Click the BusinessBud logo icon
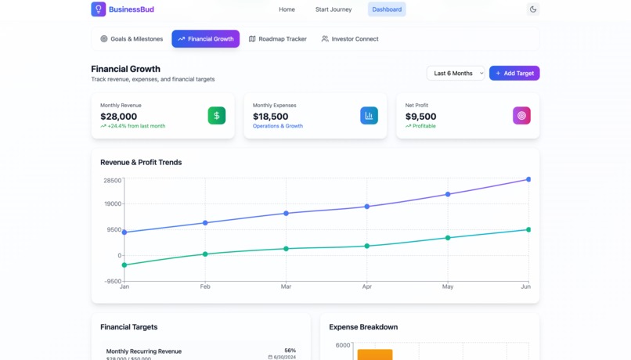[x=99, y=9]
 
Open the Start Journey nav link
[x=334, y=9]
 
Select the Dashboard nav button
[x=387, y=9]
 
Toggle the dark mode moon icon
[x=533, y=9]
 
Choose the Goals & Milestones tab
[x=132, y=38]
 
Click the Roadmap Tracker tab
[x=277, y=38]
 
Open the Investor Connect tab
[x=350, y=38]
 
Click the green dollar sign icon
[x=217, y=115]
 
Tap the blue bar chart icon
[x=369, y=115]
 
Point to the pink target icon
[x=521, y=115]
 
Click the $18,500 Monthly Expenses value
[x=271, y=117]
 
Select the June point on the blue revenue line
[x=528, y=179]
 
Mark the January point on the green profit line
[x=124, y=265]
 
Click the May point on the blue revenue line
[x=448, y=194]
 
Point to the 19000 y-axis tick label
[x=113, y=203]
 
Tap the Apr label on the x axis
[x=366, y=286]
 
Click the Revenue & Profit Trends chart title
[x=141, y=162]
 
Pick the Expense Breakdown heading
[x=363, y=327]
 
